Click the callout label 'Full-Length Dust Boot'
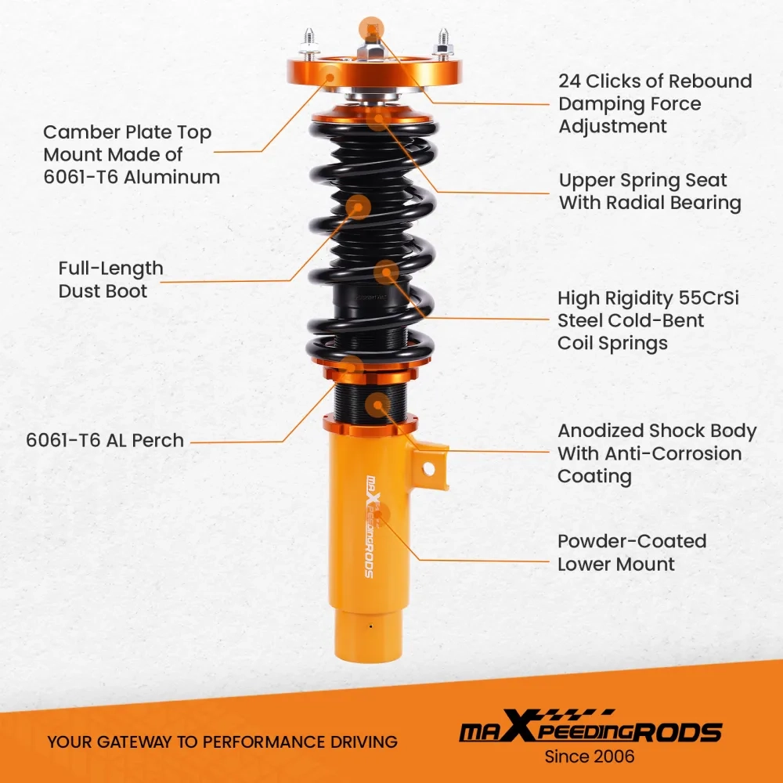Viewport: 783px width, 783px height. pyautogui.click(x=110, y=280)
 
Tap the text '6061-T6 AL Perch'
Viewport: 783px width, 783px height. pyautogui.click(x=105, y=440)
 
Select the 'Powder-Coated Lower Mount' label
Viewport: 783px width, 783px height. pyautogui.click(x=631, y=552)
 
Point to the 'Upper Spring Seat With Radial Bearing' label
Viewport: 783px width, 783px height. pyautogui.click(x=650, y=191)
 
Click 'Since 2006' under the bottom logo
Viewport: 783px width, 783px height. pyautogui.click(x=589, y=756)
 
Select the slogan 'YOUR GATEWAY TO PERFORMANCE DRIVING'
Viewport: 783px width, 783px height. pyautogui.click(x=222, y=742)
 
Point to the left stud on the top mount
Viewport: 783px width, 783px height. pyautogui.click(x=309, y=41)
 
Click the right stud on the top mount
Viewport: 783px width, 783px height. pyautogui.click(x=443, y=40)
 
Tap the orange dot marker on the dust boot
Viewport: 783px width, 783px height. pyautogui.click(x=357, y=207)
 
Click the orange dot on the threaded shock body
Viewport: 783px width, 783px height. pyautogui.click(x=379, y=405)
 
